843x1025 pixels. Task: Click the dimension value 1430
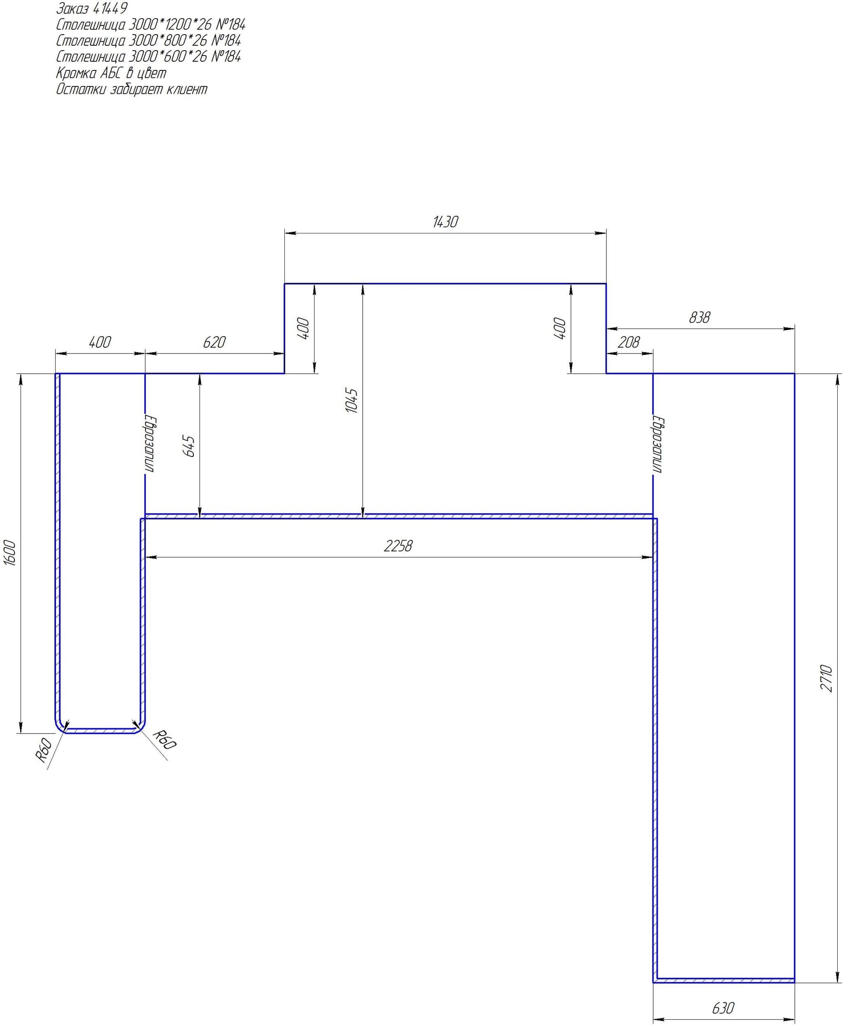[x=445, y=222]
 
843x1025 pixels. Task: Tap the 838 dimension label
[x=699, y=317]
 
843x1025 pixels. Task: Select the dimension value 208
[x=629, y=342]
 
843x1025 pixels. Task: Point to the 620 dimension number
[x=214, y=342]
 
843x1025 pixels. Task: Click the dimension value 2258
[x=398, y=546]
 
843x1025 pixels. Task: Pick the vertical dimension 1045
[x=352, y=400]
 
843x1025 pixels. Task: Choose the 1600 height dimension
[x=10, y=552]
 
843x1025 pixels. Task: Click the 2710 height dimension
[x=827, y=678]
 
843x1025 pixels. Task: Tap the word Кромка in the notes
[x=76, y=73]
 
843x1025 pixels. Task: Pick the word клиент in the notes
[x=187, y=89]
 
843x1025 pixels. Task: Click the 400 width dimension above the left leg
[x=100, y=342]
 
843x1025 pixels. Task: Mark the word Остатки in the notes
[x=81, y=89]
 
